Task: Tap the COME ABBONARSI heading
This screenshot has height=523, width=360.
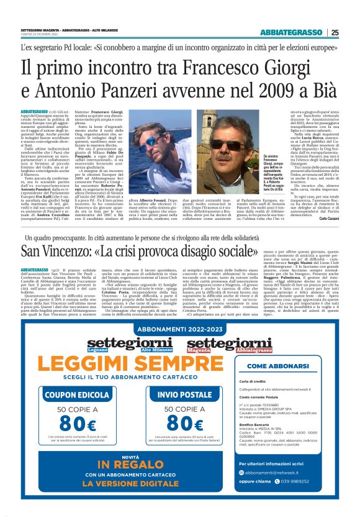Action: (x=287, y=366)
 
